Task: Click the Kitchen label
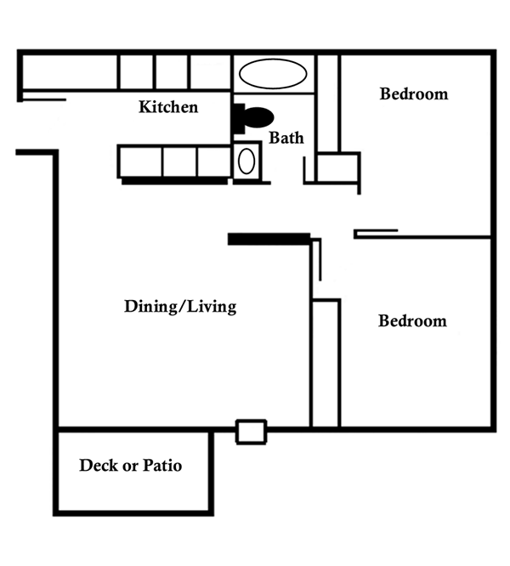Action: [168, 107]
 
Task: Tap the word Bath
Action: [286, 138]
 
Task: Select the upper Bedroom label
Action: [414, 93]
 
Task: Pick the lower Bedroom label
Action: [412, 321]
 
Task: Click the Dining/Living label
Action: [180, 307]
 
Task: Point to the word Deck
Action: [99, 465]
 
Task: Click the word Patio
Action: [162, 465]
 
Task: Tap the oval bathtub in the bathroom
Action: [273, 74]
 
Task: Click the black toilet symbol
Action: [253, 117]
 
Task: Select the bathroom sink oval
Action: [246, 161]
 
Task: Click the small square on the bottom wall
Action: [252, 432]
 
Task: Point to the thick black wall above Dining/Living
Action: [269, 239]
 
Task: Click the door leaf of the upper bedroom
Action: [376, 230]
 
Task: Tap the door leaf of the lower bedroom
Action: [320, 259]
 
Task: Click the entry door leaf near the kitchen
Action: [44, 99]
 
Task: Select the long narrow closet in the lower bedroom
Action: [326, 364]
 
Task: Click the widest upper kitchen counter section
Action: [70, 72]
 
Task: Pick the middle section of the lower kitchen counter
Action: [179, 161]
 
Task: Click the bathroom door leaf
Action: [304, 170]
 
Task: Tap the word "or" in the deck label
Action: [131, 466]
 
